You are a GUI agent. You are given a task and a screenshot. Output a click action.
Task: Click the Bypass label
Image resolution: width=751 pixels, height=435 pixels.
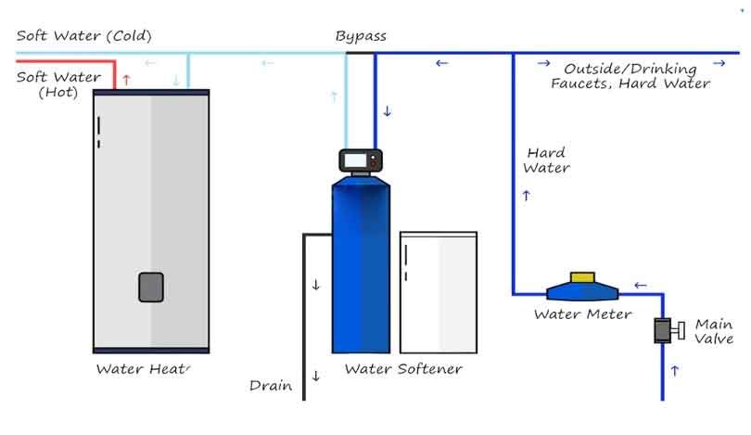pos(361,36)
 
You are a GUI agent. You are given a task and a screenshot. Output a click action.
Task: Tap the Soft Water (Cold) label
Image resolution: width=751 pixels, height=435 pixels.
pos(83,36)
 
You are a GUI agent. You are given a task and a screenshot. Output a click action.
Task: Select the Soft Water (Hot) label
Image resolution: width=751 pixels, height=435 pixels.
pos(58,83)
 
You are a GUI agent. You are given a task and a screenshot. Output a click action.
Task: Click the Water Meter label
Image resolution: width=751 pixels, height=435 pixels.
pos(582,314)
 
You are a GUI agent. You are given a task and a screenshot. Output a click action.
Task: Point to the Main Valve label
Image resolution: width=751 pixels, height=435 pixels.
pos(714,331)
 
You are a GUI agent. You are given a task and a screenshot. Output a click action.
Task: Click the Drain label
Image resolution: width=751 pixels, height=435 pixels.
pos(271,385)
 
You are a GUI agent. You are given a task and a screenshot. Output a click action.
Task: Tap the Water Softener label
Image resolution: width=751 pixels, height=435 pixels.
pos(402,369)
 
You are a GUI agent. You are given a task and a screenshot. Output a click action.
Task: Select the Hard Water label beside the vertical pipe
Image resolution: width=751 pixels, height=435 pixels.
pos(546,160)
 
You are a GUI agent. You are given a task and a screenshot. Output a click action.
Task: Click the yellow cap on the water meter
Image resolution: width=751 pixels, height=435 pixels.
pos(582,276)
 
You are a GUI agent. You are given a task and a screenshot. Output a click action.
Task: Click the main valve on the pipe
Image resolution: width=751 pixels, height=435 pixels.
pos(665,330)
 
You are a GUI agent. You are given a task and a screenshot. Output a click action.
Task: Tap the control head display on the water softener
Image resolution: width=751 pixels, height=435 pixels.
pos(358,160)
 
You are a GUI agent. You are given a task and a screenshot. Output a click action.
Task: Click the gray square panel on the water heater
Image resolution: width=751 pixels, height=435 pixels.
pos(152,287)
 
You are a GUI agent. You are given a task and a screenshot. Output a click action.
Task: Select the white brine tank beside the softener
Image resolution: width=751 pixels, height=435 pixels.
pos(439,292)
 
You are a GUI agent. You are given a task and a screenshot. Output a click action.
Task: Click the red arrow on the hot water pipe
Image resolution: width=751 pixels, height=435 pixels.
pos(127,81)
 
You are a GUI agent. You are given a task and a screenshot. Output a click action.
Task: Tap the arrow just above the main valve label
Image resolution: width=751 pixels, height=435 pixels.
pos(674,370)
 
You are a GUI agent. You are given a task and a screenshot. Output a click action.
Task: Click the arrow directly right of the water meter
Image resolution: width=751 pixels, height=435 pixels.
pos(640,285)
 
